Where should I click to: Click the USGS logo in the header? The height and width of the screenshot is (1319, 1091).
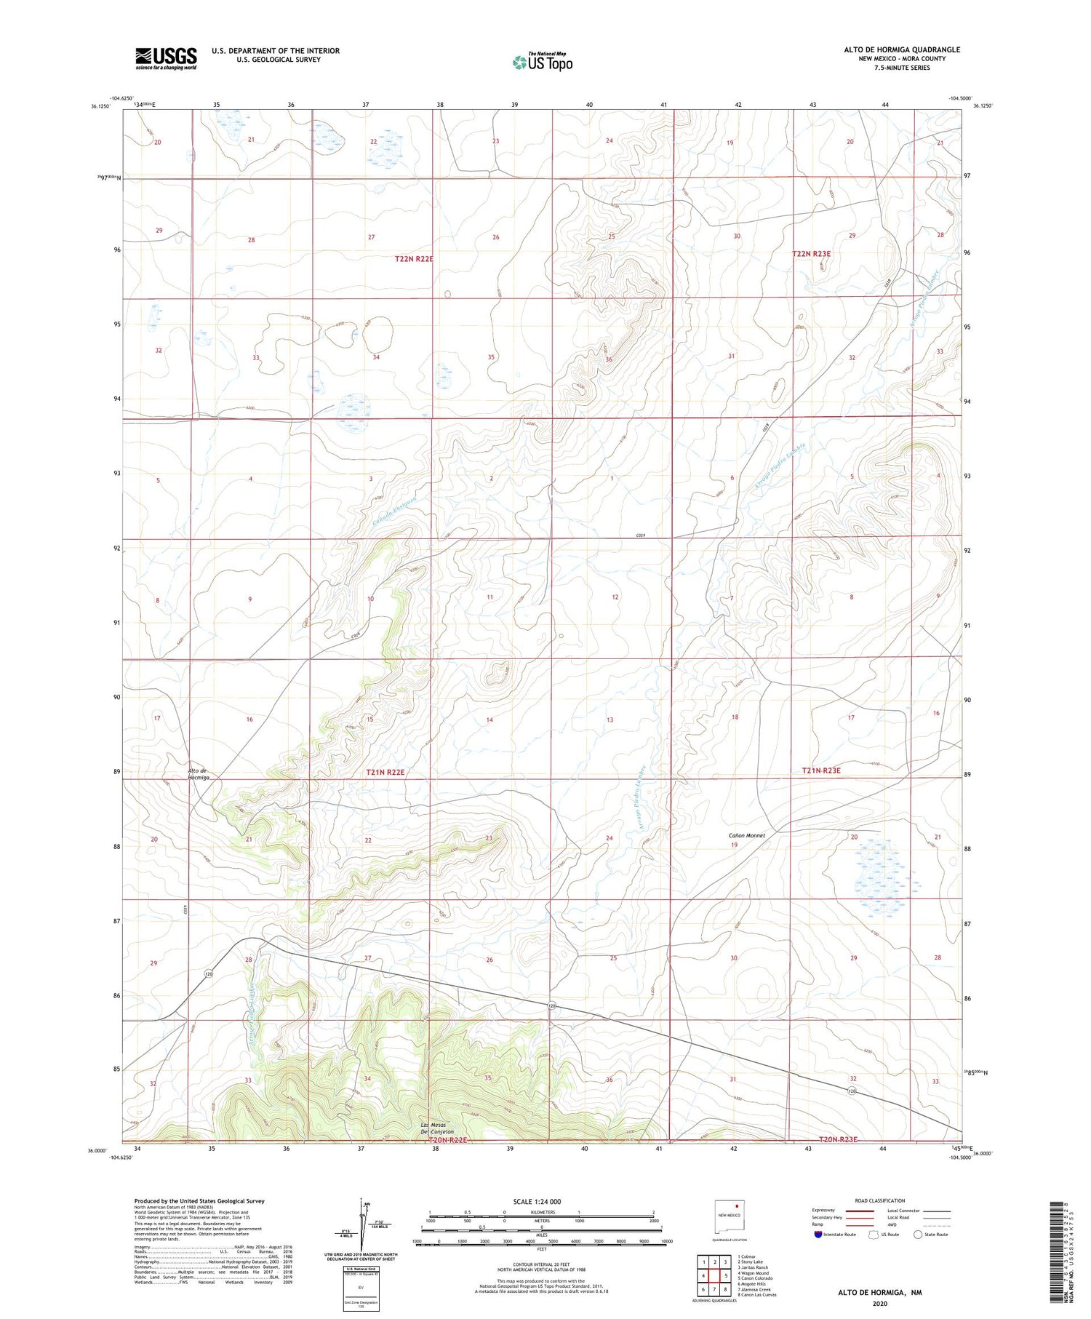tap(166, 57)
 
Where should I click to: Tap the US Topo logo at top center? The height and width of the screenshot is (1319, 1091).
tap(542, 62)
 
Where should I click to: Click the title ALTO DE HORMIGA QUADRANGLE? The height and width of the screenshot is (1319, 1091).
tap(901, 49)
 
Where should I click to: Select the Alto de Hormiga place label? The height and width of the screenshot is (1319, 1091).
tap(198, 773)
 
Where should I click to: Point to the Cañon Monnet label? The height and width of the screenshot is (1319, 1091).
tap(746, 835)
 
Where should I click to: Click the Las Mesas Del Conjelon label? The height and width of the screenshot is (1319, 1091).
tap(437, 1128)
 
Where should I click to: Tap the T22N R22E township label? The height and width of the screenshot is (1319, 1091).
tap(414, 259)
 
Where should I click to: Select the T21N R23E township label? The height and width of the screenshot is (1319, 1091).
tap(821, 770)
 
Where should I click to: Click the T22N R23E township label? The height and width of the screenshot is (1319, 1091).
tap(811, 254)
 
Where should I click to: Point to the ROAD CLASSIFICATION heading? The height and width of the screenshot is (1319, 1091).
tap(880, 1200)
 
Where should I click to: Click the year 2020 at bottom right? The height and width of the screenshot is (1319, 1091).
tap(879, 1303)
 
